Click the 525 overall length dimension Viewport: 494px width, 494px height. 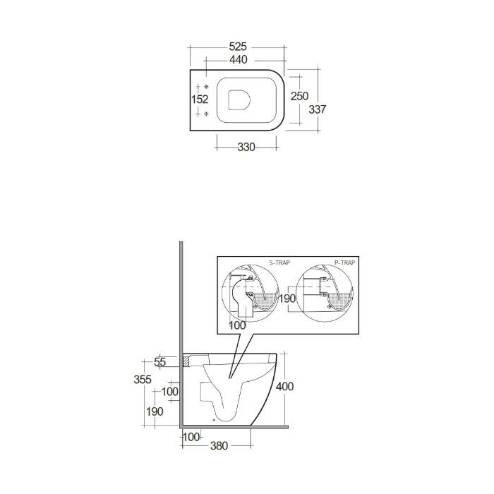(x=238, y=47)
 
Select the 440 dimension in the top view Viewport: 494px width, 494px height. (x=239, y=59)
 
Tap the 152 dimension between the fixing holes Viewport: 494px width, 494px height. (x=200, y=100)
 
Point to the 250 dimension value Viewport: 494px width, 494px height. (x=300, y=96)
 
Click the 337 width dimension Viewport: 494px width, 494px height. (x=318, y=109)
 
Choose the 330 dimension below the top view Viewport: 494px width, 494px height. (x=246, y=147)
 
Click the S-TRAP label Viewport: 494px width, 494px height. (x=279, y=263)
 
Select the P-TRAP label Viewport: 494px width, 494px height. (x=344, y=263)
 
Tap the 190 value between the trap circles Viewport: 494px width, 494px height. (x=287, y=299)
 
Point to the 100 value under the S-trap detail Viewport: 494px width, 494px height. (x=237, y=325)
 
